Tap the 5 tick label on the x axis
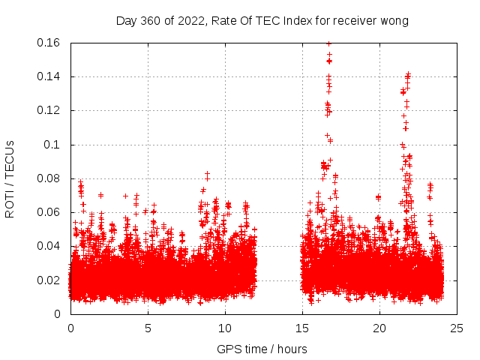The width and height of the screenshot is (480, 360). [148, 328]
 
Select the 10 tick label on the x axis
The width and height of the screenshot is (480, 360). [225, 328]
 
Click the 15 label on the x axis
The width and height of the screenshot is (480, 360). [302, 328]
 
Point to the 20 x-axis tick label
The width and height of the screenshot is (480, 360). [379, 328]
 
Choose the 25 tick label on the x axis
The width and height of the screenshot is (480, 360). [457, 328]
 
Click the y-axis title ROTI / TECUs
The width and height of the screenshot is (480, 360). [10, 178]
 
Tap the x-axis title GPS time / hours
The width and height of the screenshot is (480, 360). [262, 349]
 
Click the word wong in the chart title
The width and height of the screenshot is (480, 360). [394, 21]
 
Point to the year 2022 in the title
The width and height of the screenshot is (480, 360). [190, 21]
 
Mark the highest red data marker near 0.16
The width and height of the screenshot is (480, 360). [328, 43]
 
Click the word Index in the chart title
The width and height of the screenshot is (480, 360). [295, 21]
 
